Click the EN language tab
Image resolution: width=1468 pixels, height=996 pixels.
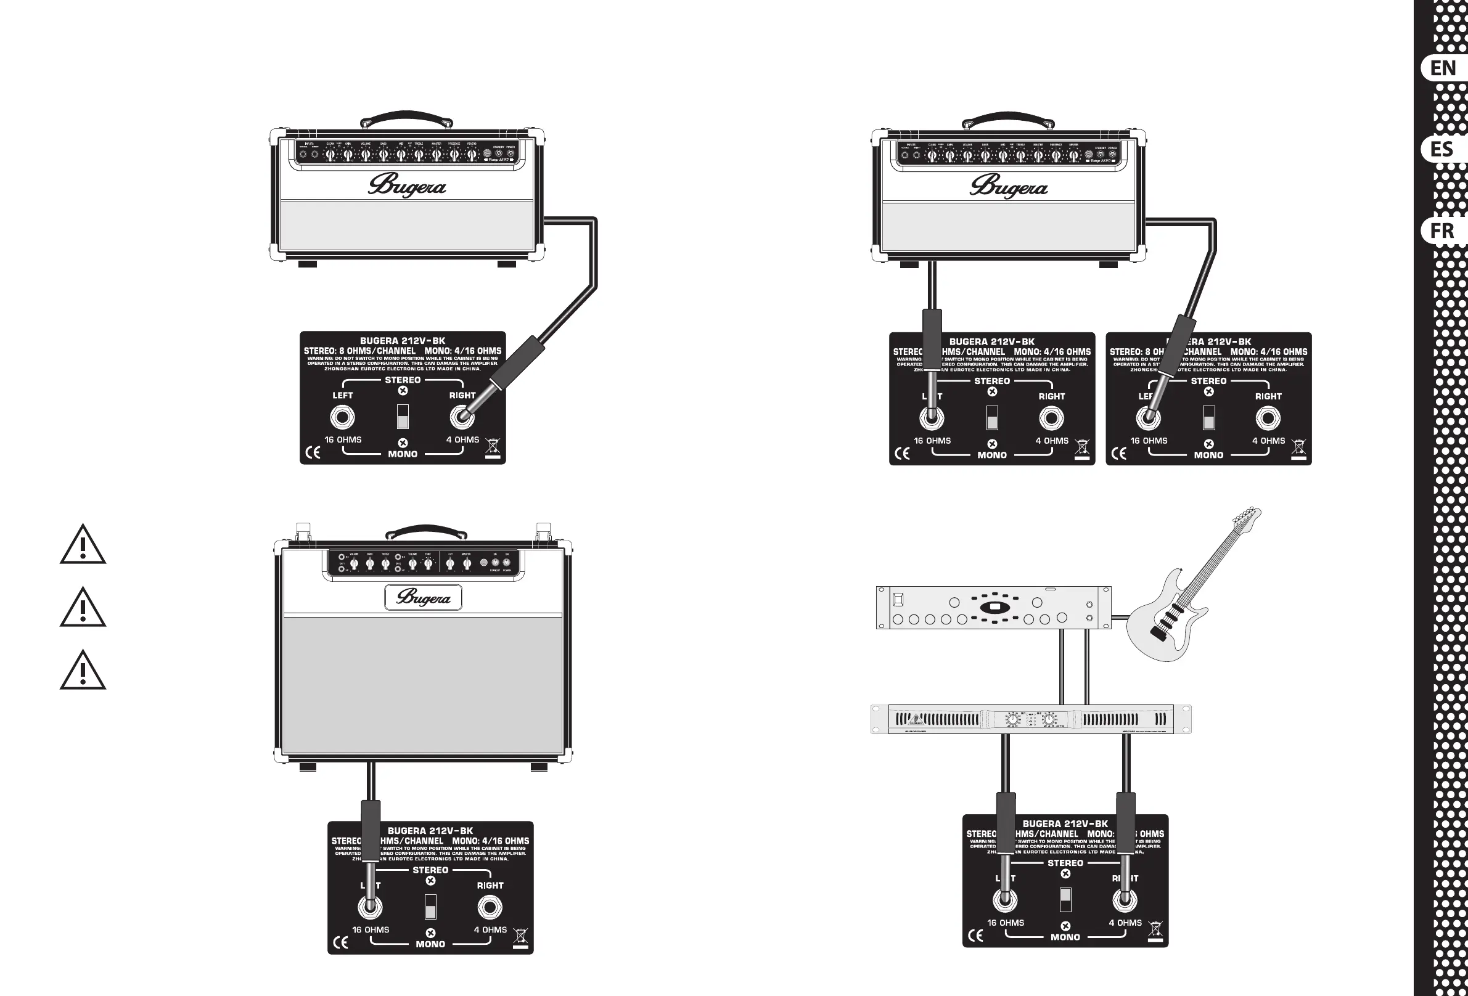[1443, 68]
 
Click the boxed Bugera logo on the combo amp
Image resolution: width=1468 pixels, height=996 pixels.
[423, 597]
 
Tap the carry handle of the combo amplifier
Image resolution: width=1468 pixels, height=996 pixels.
[427, 532]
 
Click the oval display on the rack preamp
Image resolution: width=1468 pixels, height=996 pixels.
[994, 608]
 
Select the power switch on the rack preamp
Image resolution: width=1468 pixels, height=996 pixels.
[898, 598]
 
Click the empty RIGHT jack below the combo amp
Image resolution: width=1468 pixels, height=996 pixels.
[490, 908]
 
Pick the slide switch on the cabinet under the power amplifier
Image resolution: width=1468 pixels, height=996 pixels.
[1065, 900]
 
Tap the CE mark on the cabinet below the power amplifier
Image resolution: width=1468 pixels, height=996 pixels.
[975, 936]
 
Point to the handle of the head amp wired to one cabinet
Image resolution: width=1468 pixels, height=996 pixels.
[406, 118]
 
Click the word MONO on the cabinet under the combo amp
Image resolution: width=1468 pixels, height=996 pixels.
[430, 944]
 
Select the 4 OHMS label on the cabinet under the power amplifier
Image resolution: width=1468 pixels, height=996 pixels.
[1125, 923]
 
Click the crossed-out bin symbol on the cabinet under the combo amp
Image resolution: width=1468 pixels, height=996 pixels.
[520, 937]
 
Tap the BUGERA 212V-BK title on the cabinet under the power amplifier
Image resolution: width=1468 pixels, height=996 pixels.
[1065, 823]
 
